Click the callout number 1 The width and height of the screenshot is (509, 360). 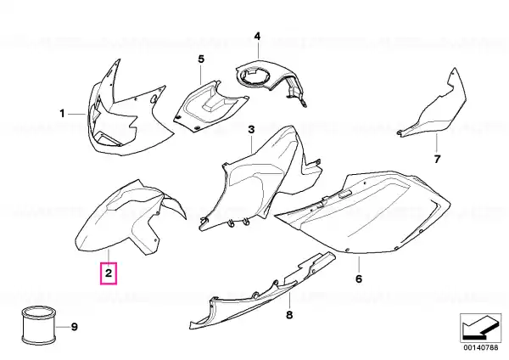coord(62,114)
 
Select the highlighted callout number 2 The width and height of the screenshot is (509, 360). coord(109,273)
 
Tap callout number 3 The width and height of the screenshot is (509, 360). coord(252,130)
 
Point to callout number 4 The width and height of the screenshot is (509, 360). coord(257,36)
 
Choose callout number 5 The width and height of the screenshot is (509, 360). coord(201,59)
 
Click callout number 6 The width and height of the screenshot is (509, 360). coord(359,278)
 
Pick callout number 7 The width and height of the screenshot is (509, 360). coord(437,160)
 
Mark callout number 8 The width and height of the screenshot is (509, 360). coord(289,314)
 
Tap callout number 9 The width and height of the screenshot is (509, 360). coord(75,327)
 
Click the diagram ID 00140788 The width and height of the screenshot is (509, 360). coord(480,347)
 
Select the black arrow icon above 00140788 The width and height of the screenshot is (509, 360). coord(480,328)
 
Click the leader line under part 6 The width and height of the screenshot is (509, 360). coord(359,264)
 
